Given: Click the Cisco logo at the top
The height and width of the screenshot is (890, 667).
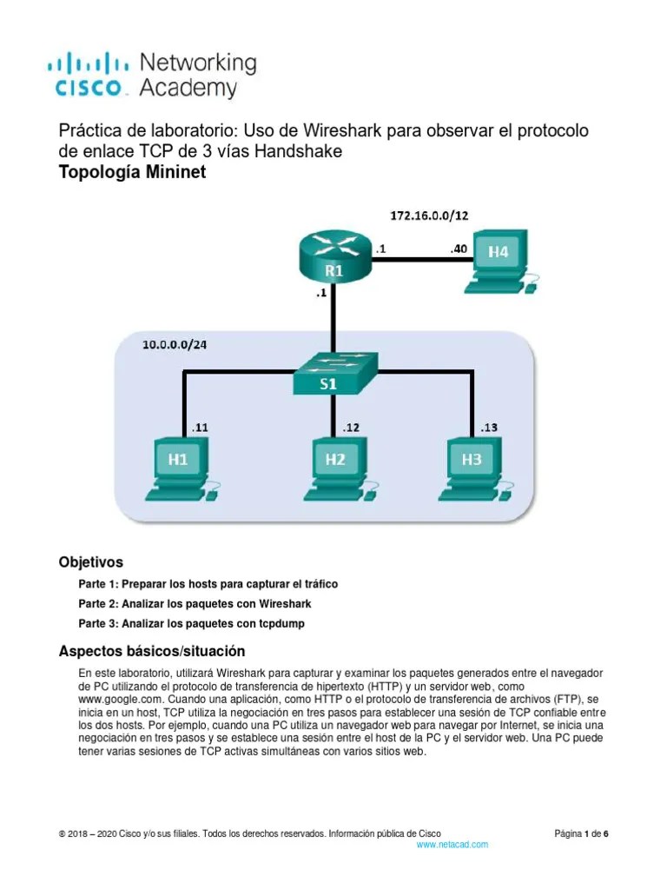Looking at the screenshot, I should (x=151, y=74).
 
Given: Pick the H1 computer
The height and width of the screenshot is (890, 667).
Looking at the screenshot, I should (x=181, y=465).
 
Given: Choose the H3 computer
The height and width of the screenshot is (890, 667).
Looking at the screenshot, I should (x=472, y=465).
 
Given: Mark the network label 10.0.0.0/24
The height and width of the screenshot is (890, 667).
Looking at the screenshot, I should (x=175, y=344).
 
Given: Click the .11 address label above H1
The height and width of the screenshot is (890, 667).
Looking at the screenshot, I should (x=201, y=427).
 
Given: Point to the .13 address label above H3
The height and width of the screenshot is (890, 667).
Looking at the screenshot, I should (x=490, y=427).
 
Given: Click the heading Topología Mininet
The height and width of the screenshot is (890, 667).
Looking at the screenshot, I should (x=132, y=172).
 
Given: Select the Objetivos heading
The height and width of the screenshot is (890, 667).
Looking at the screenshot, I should (x=90, y=561).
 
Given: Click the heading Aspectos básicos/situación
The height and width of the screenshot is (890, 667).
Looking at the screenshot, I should (x=151, y=651).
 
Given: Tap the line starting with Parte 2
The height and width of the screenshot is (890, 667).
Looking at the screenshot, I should (x=195, y=603).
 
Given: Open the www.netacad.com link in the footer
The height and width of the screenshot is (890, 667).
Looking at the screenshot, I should (x=452, y=844).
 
